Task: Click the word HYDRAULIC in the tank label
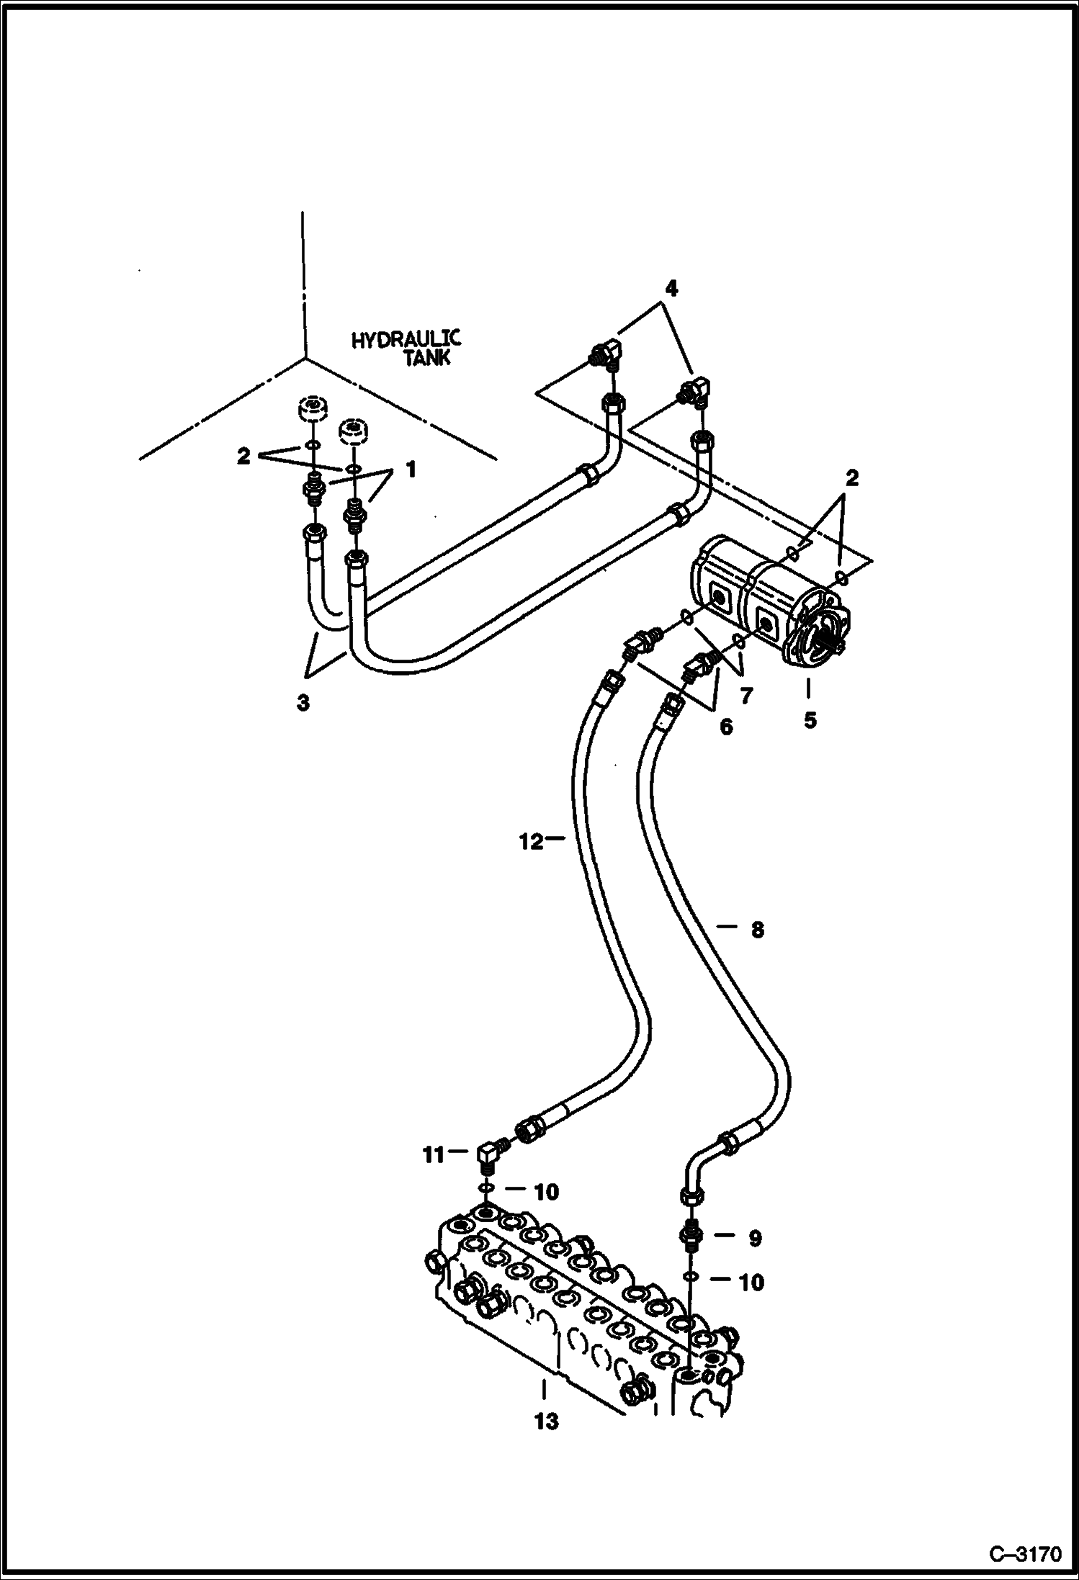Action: pyautogui.click(x=406, y=339)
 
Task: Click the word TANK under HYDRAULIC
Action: pyautogui.click(x=426, y=358)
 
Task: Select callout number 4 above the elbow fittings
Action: pyautogui.click(x=671, y=289)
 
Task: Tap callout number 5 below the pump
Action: pyautogui.click(x=810, y=719)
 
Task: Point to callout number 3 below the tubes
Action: pyautogui.click(x=303, y=703)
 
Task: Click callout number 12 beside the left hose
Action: pyautogui.click(x=531, y=841)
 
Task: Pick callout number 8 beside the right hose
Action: pyautogui.click(x=756, y=930)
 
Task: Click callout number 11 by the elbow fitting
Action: pyautogui.click(x=434, y=1175)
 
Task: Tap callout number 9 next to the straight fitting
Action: pyautogui.click(x=754, y=1238)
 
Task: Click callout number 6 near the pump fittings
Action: pyautogui.click(x=725, y=727)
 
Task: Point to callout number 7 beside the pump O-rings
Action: pyautogui.click(x=746, y=696)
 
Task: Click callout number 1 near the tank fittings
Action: pyautogui.click(x=410, y=470)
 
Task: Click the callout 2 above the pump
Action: pyautogui.click(x=851, y=478)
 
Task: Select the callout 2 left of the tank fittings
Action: pyautogui.click(x=243, y=456)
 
